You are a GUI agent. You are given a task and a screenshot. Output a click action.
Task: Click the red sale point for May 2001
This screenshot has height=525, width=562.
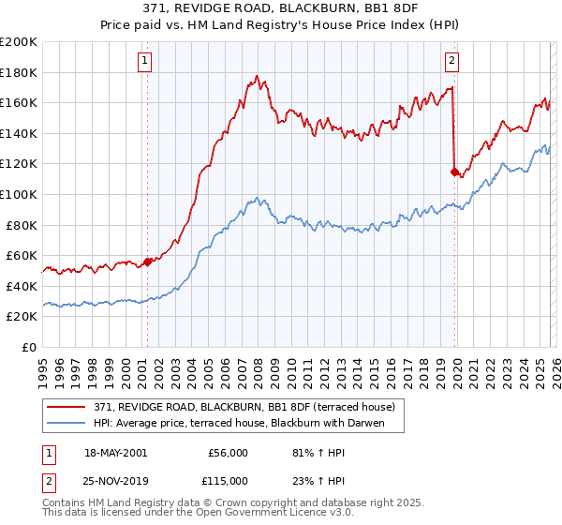[147, 262]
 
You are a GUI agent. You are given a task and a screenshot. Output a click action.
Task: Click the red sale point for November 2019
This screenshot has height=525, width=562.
[454, 172]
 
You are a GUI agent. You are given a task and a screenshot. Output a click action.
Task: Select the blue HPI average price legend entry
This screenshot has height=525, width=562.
[248, 423]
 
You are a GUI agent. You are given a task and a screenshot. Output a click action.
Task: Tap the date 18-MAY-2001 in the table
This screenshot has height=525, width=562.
[115, 453]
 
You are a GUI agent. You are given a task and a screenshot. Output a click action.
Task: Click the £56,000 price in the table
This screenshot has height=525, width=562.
[228, 453]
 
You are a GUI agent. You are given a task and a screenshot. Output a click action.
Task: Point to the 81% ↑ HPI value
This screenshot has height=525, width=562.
[316, 453]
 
